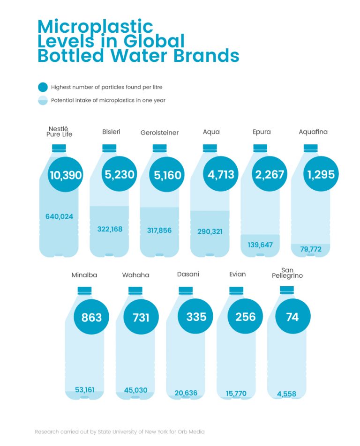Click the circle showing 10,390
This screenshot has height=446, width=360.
coord(65,175)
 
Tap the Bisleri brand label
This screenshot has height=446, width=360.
coord(111,132)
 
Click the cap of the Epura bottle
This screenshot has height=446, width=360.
coord(260,148)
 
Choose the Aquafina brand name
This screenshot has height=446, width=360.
coord(313,132)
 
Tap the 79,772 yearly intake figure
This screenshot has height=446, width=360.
coord(311,249)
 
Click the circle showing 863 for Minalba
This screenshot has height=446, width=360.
coord(91,317)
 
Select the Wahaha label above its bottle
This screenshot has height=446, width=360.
coord(135,275)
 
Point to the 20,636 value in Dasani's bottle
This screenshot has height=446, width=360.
coord(186,393)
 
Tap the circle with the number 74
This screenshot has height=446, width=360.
coord(292,317)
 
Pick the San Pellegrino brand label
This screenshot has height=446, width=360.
coord(287,273)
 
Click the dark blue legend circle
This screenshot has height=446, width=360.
coord(43,87)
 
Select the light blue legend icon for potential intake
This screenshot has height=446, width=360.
coord(43,100)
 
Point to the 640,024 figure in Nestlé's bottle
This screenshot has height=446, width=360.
coord(59,216)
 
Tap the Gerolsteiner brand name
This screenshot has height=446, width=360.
coord(159,133)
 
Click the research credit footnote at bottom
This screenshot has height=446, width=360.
coord(120,431)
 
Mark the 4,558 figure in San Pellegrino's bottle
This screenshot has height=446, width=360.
coord(286,394)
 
